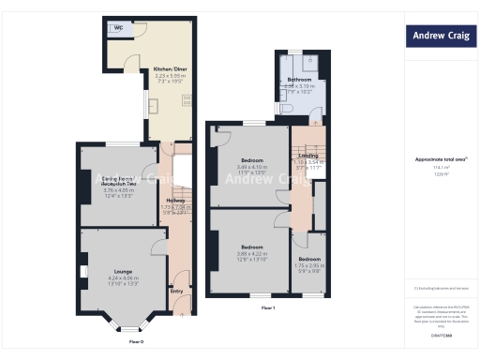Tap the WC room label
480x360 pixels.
119,28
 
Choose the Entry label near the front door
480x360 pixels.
176,291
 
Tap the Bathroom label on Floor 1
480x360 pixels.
299,80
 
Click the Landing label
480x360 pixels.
308,156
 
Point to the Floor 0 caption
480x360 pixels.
137,341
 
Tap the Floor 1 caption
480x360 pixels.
267,307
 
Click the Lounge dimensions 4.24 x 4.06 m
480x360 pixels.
123,278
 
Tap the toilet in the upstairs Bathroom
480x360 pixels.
288,110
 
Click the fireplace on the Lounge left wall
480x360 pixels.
84,273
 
